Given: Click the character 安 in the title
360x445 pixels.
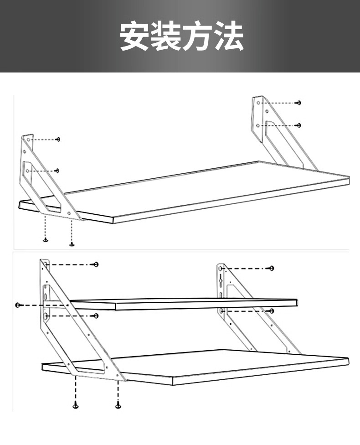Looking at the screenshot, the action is pyautogui.click(x=134, y=36).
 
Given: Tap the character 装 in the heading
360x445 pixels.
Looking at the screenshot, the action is pyautogui.click(x=165, y=36).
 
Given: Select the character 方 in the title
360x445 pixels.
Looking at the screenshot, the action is pyautogui.click(x=196, y=36).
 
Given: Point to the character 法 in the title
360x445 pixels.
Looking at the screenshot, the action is pyautogui.click(x=228, y=36).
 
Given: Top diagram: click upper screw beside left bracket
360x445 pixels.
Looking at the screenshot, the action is pyautogui.click(x=58, y=139).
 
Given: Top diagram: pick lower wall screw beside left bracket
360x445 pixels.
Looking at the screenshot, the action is pyautogui.click(x=57, y=171).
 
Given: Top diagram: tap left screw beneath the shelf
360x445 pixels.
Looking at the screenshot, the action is pyautogui.click(x=46, y=240).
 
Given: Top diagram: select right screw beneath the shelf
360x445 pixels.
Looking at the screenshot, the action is pyautogui.click(x=72, y=244).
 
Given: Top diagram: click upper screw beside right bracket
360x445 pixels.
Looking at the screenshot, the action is pyautogui.click(x=298, y=103).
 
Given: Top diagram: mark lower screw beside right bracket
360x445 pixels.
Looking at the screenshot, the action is pyautogui.click(x=298, y=125).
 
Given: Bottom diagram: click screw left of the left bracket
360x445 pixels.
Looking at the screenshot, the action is pyautogui.click(x=18, y=305).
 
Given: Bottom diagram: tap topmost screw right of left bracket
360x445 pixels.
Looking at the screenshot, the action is pyautogui.click(x=96, y=264).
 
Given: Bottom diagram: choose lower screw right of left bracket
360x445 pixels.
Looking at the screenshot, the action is pyautogui.click(x=96, y=316).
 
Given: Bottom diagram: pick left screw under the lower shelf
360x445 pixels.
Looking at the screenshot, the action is pyautogui.click(x=76, y=405).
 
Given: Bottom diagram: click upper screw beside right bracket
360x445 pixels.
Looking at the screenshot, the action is pyautogui.click(x=272, y=268).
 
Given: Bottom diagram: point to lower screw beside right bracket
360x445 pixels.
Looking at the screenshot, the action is pyautogui.click(x=272, y=311).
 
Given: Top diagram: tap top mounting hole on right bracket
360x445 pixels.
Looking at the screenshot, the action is pyautogui.click(x=258, y=103).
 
